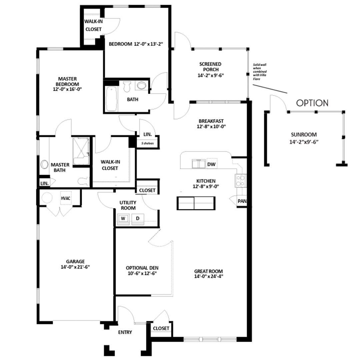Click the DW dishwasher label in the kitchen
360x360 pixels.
pyautogui.click(x=211, y=164)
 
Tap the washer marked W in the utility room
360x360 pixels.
pyautogui.click(x=123, y=218)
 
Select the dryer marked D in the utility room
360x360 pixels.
pyautogui.click(x=138, y=218)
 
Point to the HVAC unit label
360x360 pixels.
pyautogui.click(x=65, y=198)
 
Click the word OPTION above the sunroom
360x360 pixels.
pyautogui.click(x=312, y=103)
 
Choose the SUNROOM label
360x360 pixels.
pyautogui.click(x=304, y=135)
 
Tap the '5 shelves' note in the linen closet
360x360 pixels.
pyautogui.click(x=147, y=143)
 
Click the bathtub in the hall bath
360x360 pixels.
pyautogui.click(x=112, y=99)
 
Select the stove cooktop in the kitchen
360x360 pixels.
pyautogui.click(x=240, y=180)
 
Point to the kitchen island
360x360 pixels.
pyautogui.click(x=196, y=203)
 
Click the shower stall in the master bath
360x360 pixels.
pyautogui.click(x=81, y=151)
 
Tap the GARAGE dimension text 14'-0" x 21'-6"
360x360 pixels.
pyautogui.click(x=75, y=267)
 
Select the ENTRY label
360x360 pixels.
pyautogui.click(x=125, y=332)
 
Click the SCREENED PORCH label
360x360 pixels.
pyautogui.click(x=211, y=67)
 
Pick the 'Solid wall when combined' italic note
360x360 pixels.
pyautogui.click(x=260, y=72)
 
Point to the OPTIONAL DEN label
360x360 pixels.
pyautogui.click(x=142, y=268)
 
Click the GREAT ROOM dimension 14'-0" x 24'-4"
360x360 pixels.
pyautogui.click(x=209, y=276)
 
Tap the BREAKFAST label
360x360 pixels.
pyautogui.click(x=211, y=121)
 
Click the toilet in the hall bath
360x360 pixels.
pyautogui.click(x=127, y=87)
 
